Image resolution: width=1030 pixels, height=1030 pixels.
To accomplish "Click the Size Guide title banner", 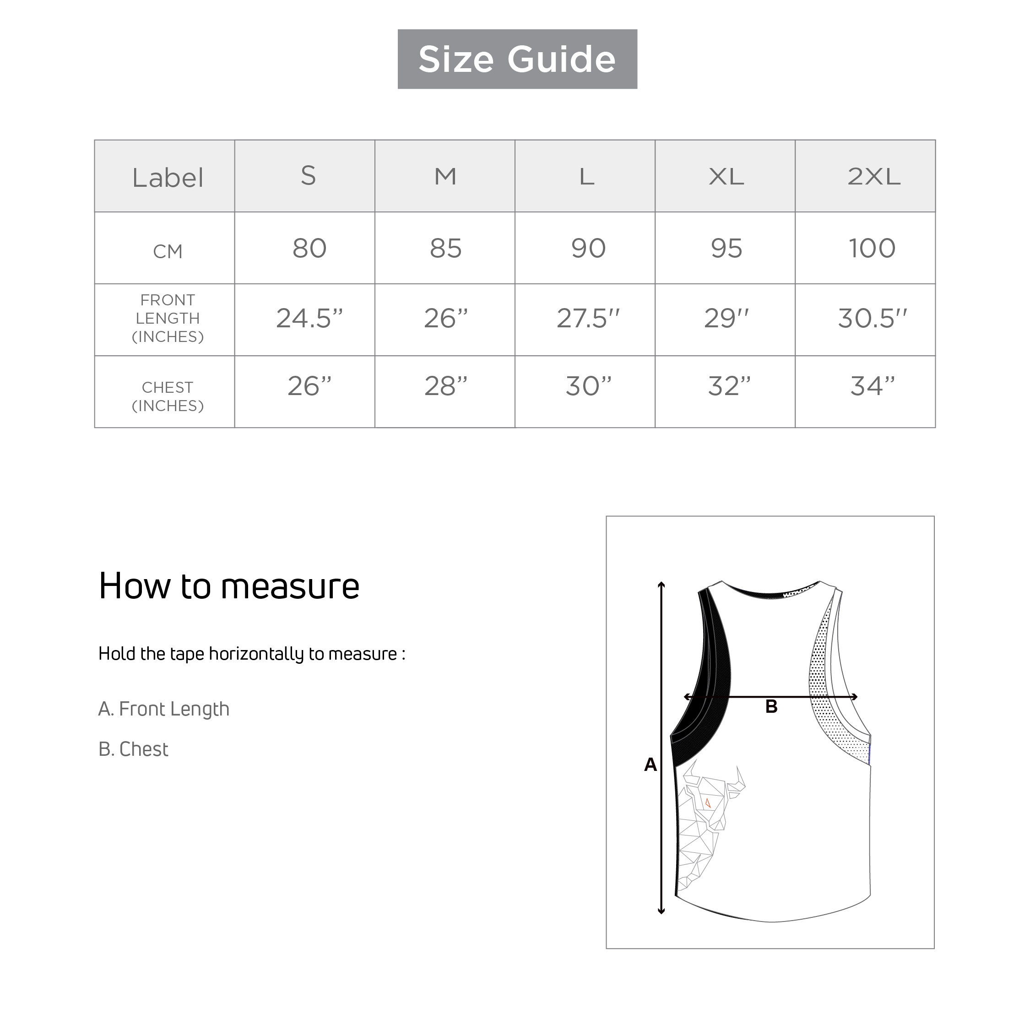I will [517, 59].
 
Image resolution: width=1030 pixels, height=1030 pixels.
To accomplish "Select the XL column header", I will [726, 176].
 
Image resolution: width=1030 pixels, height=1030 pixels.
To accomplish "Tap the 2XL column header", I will [874, 176].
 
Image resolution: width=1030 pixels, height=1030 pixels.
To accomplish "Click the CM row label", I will [168, 251].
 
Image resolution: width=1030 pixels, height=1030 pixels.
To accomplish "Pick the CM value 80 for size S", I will [309, 249].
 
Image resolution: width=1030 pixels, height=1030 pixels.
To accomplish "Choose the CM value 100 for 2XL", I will [872, 249].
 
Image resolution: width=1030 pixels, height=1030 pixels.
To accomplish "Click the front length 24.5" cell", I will [309, 318].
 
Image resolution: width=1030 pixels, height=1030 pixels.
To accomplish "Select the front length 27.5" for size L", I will [588, 318].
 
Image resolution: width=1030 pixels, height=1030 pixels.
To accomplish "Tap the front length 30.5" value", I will [872, 318].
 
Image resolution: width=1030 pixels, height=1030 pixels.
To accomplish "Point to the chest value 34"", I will [872, 386].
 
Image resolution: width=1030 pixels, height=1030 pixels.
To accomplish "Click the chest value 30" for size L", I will [588, 386].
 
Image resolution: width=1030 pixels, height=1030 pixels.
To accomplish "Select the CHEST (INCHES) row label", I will [168, 396].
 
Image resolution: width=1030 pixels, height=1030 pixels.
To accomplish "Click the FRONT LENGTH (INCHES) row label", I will [168, 318].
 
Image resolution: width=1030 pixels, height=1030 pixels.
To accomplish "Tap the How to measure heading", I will [229, 586].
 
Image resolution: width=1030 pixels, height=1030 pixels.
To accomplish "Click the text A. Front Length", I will [164, 709].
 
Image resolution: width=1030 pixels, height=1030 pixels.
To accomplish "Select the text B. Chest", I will [133, 749].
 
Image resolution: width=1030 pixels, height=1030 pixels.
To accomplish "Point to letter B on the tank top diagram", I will [771, 707].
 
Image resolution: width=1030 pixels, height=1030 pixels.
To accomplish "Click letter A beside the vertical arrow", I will [651, 765].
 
